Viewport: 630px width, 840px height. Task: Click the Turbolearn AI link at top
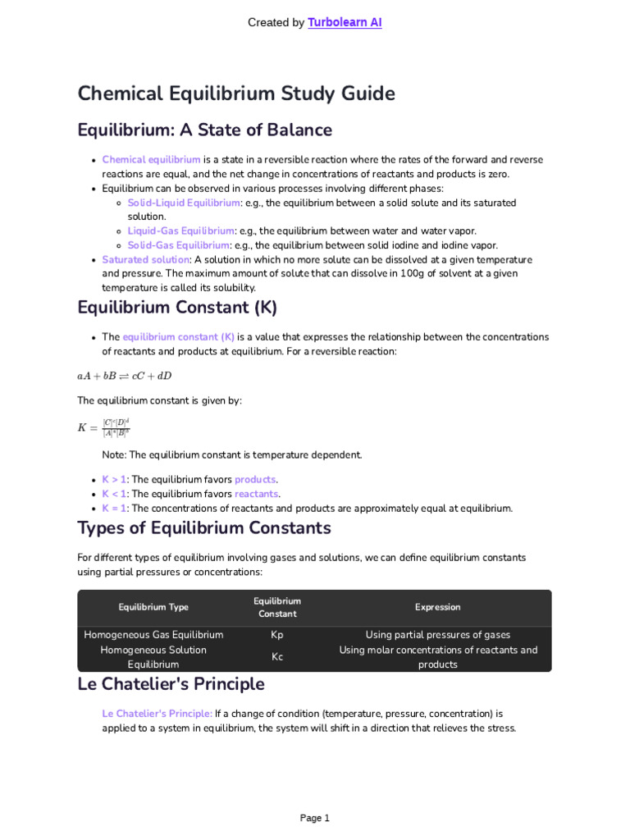345,23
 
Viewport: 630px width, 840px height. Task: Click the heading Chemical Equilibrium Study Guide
236,94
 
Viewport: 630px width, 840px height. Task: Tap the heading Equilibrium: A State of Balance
204,130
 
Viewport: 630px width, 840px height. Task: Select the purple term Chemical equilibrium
151,160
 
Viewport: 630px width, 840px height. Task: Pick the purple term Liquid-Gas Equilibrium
180,231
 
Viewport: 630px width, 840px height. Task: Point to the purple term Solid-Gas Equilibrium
178,245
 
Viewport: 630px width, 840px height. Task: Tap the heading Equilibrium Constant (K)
177,308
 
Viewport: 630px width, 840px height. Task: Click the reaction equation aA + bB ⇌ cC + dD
125,376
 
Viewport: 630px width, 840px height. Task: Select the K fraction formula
104,427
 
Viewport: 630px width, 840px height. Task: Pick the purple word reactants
257,494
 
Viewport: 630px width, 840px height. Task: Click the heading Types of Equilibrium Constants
204,527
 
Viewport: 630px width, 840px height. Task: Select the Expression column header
437,607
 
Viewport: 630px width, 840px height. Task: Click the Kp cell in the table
277,635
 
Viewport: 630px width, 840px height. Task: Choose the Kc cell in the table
277,657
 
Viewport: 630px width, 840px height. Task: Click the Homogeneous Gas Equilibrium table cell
153,635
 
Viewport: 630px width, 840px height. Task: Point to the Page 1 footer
315,818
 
